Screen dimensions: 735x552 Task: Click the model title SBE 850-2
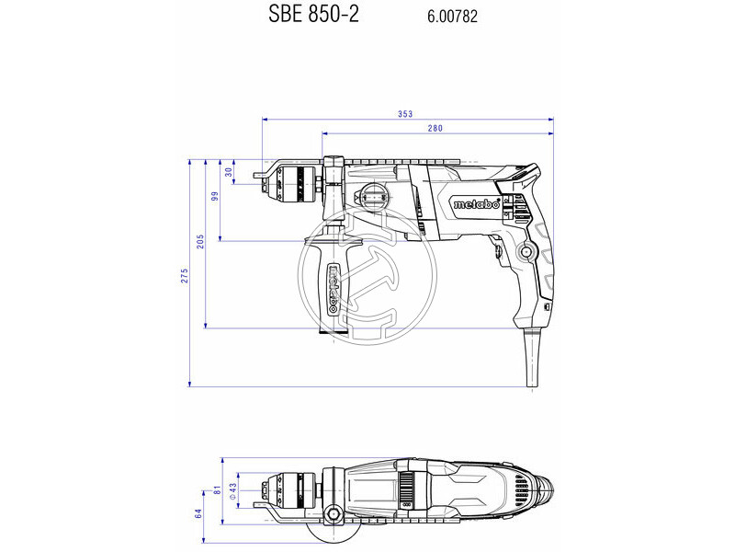tap(313, 14)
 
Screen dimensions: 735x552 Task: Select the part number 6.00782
tap(452, 17)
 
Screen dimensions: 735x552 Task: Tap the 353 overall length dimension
tap(405, 114)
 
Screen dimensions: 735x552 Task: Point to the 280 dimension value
tap(435, 128)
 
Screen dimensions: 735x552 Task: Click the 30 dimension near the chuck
tap(229, 172)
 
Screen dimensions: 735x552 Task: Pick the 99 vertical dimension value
tap(215, 196)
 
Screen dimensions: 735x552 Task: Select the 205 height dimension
tap(200, 241)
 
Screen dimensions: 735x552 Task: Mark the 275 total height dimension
tap(185, 275)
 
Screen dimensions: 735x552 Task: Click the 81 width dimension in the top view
tap(217, 490)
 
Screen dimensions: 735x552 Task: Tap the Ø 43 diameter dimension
tap(232, 491)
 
